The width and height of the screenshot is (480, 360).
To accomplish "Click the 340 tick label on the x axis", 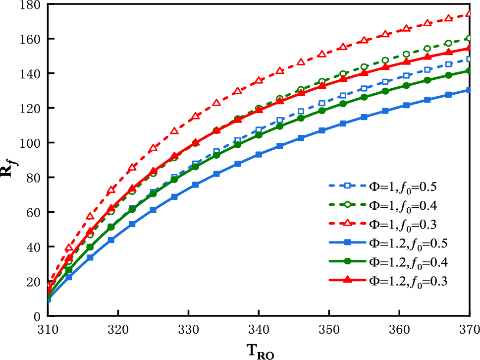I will point(259,329).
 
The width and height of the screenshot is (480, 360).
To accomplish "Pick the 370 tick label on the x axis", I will point(469,329).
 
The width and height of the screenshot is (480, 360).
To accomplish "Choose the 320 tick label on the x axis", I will point(118,329).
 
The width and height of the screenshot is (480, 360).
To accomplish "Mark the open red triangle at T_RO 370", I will point(469,14).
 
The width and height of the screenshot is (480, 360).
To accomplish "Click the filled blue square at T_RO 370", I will point(469,90).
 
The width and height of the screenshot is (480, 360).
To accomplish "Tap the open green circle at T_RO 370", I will point(469,38).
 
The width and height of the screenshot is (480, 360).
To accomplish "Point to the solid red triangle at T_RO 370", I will point(469,48).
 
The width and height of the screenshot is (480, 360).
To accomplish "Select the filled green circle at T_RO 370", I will point(469,70).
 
